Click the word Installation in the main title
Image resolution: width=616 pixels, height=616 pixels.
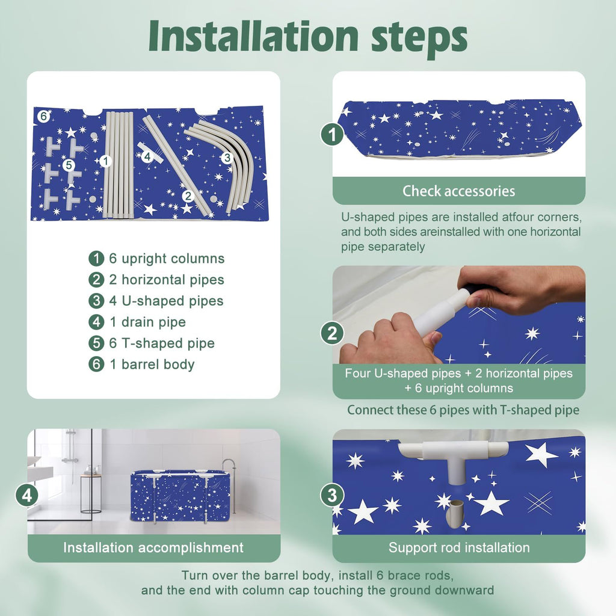click(253, 36)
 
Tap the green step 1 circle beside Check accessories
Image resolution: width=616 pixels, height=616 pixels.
click(332, 134)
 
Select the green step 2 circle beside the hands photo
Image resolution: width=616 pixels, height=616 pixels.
click(332, 333)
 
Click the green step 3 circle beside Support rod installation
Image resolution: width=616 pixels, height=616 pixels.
click(332, 496)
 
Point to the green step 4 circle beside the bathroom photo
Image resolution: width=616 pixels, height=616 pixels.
click(26, 496)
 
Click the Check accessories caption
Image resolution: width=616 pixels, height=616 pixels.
click(458, 191)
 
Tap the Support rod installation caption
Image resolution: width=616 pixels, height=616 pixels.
click(459, 547)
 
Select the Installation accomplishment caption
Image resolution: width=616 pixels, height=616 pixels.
click(153, 547)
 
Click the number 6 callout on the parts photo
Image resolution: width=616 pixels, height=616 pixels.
click(43, 116)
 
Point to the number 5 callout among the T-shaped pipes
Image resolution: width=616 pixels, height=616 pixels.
click(69, 165)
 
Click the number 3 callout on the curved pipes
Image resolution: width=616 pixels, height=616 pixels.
click(227, 158)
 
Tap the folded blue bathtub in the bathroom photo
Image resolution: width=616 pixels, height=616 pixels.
click(180, 496)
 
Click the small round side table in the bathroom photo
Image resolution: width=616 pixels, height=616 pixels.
click(91, 494)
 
